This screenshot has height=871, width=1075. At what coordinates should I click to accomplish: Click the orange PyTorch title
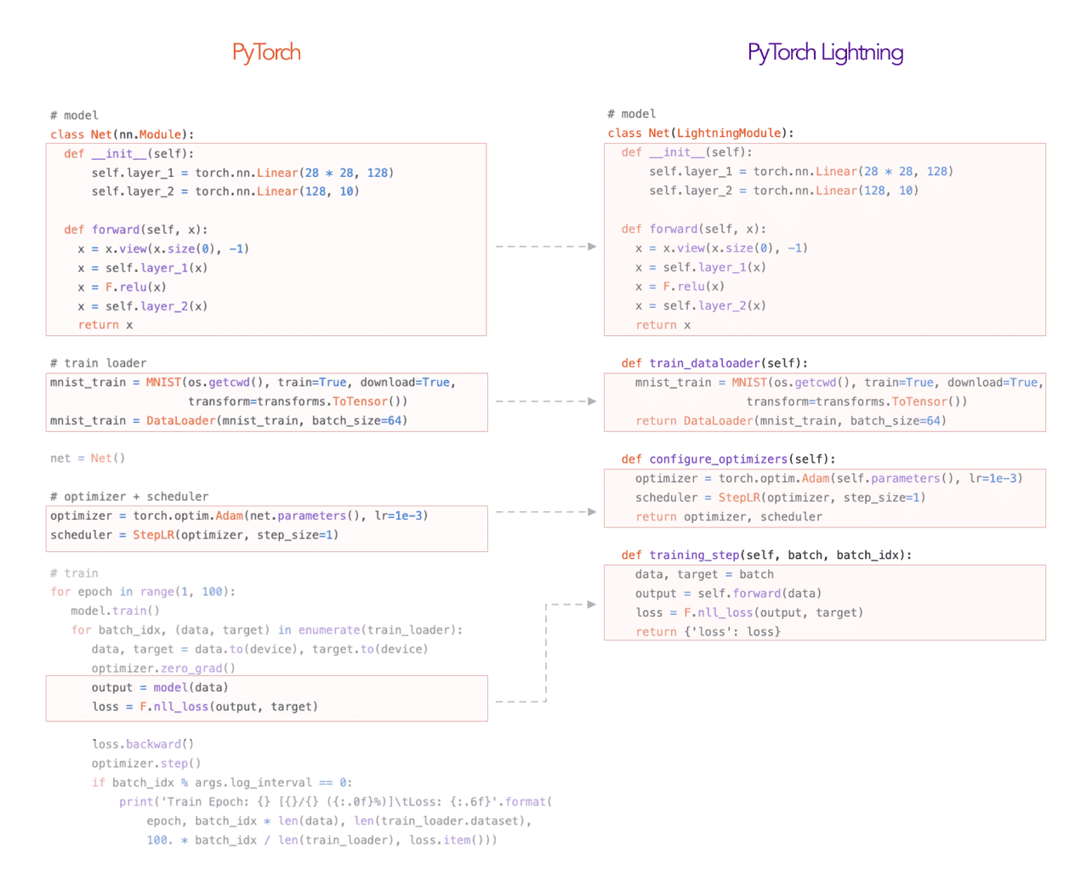coord(266,53)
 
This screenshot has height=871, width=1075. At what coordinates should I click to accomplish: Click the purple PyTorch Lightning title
coord(825,53)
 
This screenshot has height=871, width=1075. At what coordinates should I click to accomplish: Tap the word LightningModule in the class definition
coord(729,133)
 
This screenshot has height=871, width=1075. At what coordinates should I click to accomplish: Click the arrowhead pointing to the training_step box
coord(591,604)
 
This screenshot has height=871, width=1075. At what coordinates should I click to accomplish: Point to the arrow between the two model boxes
coord(546,247)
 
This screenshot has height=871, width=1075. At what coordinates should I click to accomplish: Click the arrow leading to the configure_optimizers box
coord(546,512)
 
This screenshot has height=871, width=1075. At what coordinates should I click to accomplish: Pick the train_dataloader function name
coord(704,363)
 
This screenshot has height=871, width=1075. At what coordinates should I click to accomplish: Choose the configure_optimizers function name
coord(718,458)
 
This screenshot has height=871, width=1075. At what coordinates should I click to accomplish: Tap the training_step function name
coord(695,555)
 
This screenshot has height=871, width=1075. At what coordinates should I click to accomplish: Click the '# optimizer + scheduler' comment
coord(129,496)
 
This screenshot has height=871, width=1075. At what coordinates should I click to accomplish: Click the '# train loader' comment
coord(99,363)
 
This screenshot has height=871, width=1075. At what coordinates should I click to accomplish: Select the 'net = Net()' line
coord(88,458)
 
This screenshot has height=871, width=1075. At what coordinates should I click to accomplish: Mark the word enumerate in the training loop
coord(329,629)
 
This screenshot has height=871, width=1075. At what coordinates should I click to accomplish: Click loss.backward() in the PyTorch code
coord(143,743)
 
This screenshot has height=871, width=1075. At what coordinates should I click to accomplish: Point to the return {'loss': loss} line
coord(708,631)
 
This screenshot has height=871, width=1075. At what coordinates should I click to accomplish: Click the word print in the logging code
coord(136,801)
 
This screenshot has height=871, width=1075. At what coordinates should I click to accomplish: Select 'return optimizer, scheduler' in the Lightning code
coord(729,516)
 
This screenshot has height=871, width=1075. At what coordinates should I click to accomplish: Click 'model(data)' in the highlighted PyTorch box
coord(191,687)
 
